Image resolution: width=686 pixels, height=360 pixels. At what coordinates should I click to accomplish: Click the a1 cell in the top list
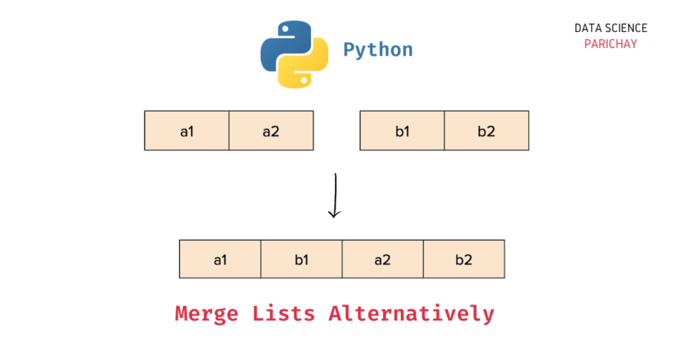(x=187, y=131)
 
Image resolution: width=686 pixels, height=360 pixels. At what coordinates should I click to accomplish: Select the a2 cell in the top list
(x=271, y=131)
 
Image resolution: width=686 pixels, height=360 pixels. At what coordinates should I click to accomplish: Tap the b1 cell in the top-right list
(x=402, y=131)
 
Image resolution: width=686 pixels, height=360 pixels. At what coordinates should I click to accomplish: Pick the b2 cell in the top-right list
(x=487, y=131)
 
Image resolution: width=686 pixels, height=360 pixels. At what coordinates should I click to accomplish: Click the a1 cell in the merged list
(x=220, y=259)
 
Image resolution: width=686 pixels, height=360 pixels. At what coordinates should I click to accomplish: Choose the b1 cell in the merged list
(x=302, y=259)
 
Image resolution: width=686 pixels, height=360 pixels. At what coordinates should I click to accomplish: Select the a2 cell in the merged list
(x=383, y=259)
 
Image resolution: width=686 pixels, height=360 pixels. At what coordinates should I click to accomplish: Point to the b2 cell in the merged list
(x=464, y=259)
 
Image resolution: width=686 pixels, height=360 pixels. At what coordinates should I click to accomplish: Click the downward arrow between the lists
(x=334, y=194)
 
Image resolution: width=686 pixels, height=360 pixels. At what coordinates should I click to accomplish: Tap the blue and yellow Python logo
(x=294, y=54)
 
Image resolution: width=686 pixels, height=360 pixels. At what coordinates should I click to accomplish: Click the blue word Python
(x=378, y=50)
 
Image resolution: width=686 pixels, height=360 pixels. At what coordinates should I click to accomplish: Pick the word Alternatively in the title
(x=411, y=314)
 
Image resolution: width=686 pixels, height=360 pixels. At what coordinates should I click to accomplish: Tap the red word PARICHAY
(x=610, y=44)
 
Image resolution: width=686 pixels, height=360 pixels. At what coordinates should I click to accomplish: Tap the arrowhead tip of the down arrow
(x=334, y=215)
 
